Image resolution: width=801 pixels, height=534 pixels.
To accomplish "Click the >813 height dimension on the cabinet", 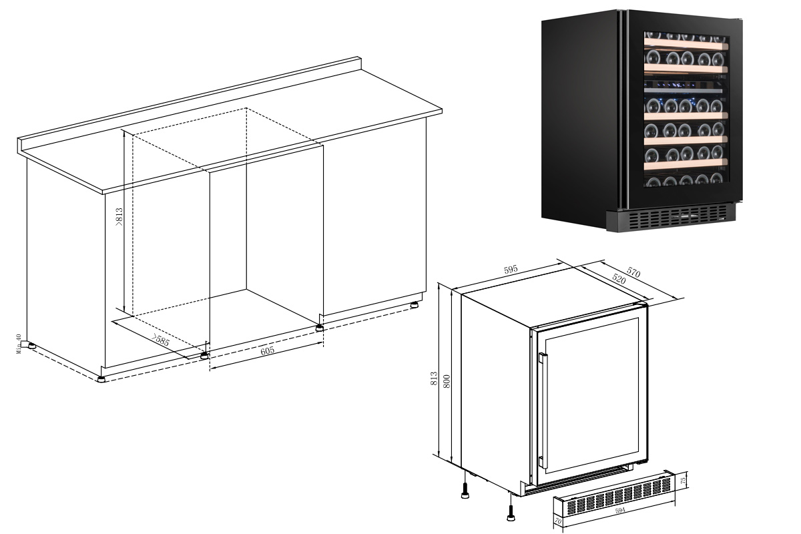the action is click(x=119, y=217).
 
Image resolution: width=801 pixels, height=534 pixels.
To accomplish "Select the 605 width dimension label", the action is click(x=267, y=351).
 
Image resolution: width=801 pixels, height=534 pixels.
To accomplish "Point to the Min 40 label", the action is click(x=19, y=344).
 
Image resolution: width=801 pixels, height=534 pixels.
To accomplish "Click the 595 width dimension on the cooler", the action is click(x=511, y=269).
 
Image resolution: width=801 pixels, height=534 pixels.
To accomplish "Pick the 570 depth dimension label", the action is click(x=633, y=272).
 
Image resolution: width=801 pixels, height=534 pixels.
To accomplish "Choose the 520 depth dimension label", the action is click(x=619, y=278).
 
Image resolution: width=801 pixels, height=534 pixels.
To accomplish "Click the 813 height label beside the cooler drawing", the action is click(x=434, y=378).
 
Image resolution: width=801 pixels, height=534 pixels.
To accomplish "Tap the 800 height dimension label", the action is click(x=447, y=381).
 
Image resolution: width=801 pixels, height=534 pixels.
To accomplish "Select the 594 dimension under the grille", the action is click(x=619, y=511).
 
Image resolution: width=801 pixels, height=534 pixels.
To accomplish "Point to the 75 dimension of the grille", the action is click(x=683, y=481).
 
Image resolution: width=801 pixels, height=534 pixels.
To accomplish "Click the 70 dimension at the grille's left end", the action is click(x=558, y=521).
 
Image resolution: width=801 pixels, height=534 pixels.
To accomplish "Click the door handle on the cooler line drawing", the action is click(x=543, y=411).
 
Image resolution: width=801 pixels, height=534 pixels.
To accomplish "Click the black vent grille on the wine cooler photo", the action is click(x=670, y=217).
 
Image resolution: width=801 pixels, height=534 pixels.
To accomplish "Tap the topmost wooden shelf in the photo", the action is click(x=686, y=45).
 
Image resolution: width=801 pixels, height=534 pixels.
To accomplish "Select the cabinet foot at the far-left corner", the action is click(x=31, y=346).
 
